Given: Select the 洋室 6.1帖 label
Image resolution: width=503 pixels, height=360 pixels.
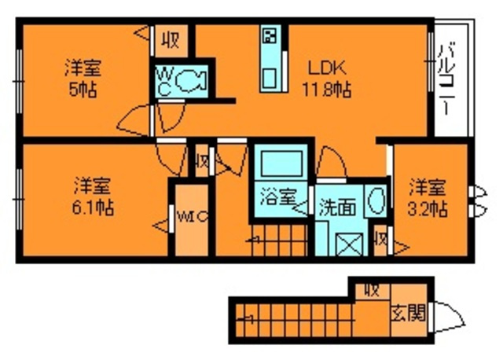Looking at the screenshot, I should tap(93, 197).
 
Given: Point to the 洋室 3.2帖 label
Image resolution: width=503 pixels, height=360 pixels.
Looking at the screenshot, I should tap(428, 197).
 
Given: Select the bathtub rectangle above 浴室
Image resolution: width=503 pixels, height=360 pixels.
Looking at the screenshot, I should tap(282, 163).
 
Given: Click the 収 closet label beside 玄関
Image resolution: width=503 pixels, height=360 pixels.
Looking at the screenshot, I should tap(370, 289).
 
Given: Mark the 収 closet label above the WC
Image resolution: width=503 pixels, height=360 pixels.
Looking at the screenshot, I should tap(170, 39).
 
